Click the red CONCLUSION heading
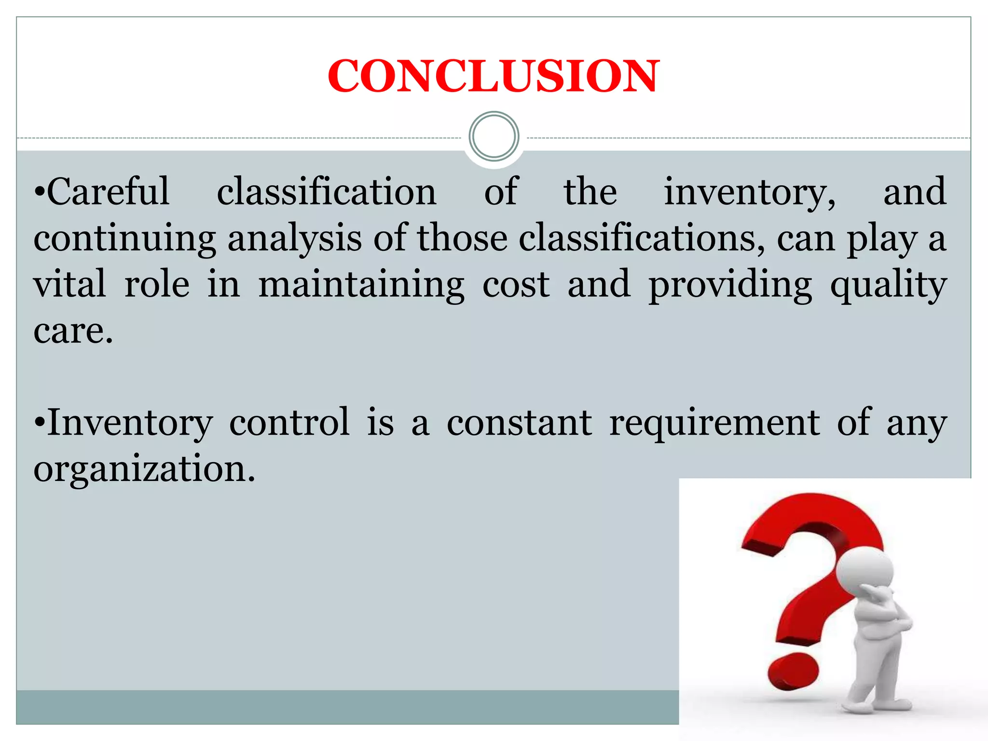[494, 76]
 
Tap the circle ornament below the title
[494, 137]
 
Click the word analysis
[294, 239]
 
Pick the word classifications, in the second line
[641, 239]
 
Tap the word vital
[69, 285]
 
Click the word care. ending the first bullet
[73, 331]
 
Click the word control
[289, 423]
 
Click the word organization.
[144, 469]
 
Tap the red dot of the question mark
[793, 671]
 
